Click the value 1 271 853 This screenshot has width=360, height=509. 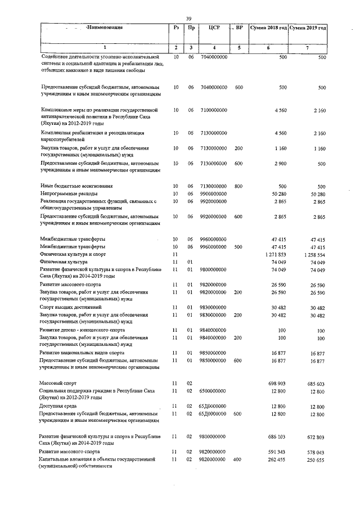click(x=275, y=255)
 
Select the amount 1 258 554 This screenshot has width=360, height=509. click(x=314, y=255)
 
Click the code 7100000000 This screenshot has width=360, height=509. click(x=214, y=110)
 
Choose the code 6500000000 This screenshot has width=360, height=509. click(x=214, y=390)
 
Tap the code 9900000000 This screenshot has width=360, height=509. click(x=214, y=193)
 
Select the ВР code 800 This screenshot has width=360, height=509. click(x=239, y=186)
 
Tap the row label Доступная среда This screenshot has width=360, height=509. click(x=58, y=406)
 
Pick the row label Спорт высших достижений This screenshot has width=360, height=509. click(x=70, y=307)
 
